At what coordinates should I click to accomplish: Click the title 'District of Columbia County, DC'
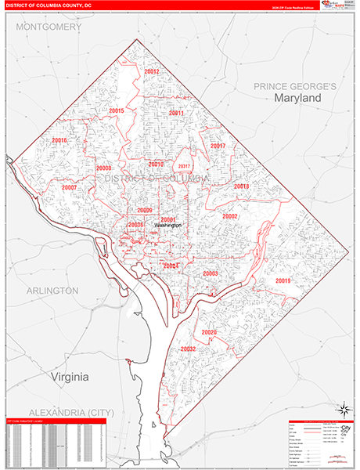(48, 5)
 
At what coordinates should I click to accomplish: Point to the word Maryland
(297, 99)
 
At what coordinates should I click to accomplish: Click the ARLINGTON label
(52, 291)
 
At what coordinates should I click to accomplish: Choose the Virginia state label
(70, 377)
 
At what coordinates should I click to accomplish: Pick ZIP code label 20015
(117, 111)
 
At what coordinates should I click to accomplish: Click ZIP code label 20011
(175, 114)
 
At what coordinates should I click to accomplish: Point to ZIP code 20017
(218, 146)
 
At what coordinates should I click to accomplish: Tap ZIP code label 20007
(69, 188)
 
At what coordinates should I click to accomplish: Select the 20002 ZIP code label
(229, 216)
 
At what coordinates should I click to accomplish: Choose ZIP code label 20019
(283, 280)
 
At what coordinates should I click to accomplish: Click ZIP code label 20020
(209, 332)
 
